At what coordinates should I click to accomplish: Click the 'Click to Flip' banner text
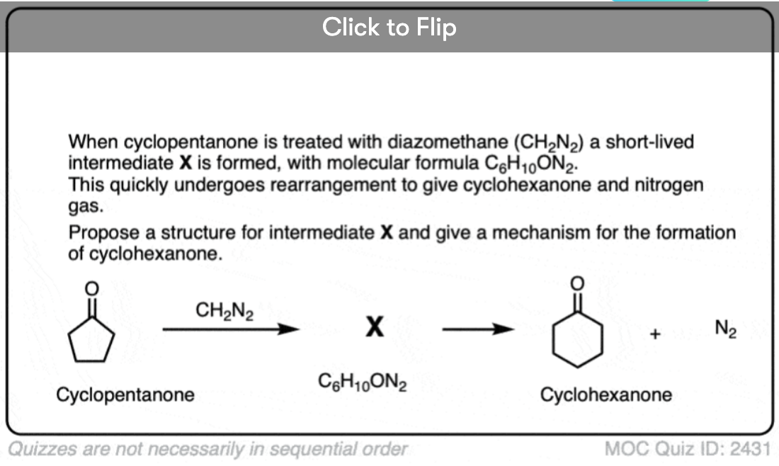click(x=389, y=27)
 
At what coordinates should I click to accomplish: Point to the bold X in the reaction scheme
click(x=375, y=327)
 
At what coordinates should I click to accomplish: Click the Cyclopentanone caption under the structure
click(x=125, y=395)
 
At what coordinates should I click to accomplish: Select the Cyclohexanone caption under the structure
click(x=606, y=394)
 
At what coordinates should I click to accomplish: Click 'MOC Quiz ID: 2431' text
click(x=687, y=448)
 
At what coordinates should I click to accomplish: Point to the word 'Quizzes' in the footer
click(x=38, y=448)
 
